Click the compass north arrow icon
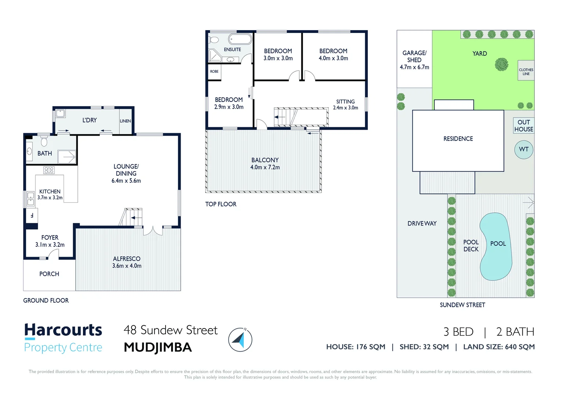[240, 340]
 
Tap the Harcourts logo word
[63, 330]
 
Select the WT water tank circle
[524, 149]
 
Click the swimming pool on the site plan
[496, 246]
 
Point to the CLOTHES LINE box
[526, 71]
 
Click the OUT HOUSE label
[524, 126]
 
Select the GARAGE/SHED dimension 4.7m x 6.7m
[414, 67]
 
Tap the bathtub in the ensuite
[240, 39]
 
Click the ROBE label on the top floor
[214, 71]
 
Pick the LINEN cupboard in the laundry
[126, 121]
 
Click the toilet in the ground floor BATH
[44, 141]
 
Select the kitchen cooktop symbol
[49, 170]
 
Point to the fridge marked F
[32, 215]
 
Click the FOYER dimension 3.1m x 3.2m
[50, 245]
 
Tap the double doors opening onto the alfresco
[153, 231]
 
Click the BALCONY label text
[265, 160]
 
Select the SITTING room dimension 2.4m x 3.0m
[345, 108]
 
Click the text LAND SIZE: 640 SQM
[499, 347]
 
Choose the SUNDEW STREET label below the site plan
[462, 305]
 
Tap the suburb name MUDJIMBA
[158, 347]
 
